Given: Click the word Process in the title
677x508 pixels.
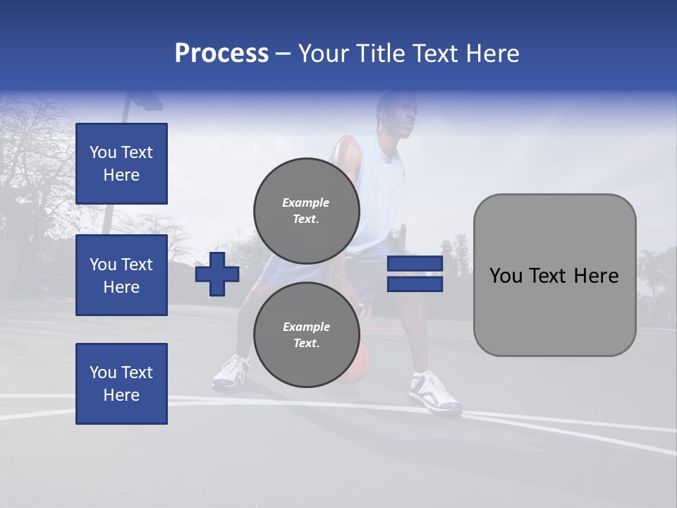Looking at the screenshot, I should point(221,53).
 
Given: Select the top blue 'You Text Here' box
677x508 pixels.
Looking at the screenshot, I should point(121,164).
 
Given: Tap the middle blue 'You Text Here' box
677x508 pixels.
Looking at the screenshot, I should point(121,275).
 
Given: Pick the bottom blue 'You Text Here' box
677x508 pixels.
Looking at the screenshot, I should point(121,384).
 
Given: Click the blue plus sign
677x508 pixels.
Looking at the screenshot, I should point(217,274).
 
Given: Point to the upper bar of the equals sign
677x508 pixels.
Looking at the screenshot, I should point(415,264).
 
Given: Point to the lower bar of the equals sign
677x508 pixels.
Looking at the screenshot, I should point(415,284).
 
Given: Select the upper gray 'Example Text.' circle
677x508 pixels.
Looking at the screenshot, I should point(306,210).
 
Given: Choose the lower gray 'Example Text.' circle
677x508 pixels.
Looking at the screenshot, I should point(306,334).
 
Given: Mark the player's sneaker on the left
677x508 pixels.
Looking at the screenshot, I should point(231,372).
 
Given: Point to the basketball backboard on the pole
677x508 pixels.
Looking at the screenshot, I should point(145,100).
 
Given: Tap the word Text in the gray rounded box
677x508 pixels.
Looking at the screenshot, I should point(554,276).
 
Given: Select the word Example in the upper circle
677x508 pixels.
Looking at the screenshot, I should point(305,202).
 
